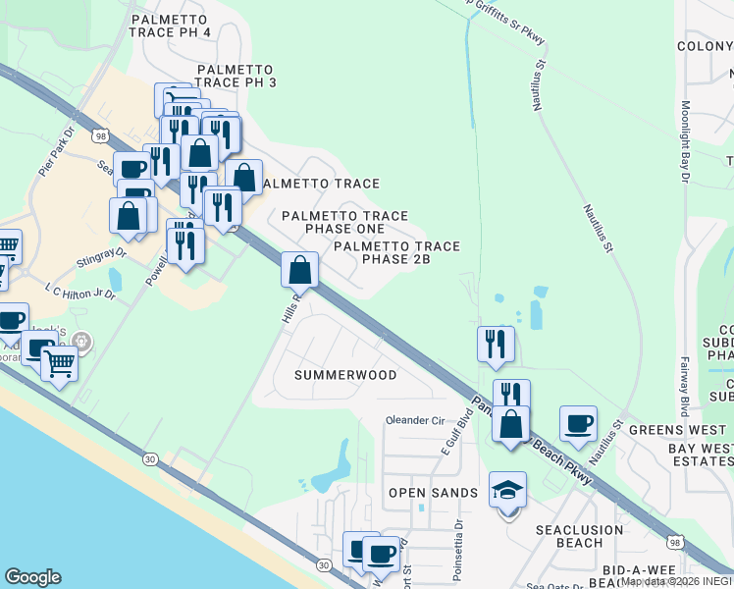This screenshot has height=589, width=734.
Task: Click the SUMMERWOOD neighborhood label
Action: (346, 375)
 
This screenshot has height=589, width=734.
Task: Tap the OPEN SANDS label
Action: (433, 493)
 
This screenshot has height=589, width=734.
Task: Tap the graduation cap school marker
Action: (507, 490)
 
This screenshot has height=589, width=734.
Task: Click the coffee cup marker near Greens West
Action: (578, 423)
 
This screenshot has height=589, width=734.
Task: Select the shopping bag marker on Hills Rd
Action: (300, 269)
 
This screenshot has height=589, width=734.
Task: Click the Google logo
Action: (33, 577)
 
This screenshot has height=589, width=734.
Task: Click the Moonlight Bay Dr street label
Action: (685, 141)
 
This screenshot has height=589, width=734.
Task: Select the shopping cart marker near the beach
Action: (59, 363)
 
